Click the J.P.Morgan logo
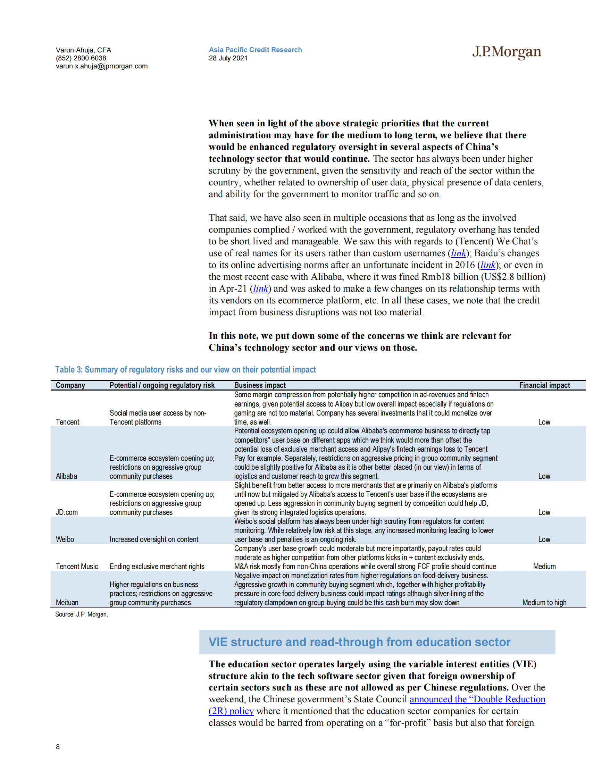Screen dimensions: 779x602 point(507,52)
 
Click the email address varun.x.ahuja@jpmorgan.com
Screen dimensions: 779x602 point(102,66)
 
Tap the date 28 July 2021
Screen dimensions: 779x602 point(228,58)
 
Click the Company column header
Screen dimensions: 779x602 point(70,385)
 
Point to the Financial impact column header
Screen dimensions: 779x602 point(544,385)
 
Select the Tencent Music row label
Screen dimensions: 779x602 point(77,567)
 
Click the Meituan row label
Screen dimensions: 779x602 point(67,602)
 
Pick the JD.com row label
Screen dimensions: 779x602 point(67,512)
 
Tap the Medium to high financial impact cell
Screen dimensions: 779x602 point(544,602)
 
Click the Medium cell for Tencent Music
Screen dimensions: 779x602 point(544,567)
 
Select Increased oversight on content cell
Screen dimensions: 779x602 point(154,539)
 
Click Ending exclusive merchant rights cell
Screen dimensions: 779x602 point(157,567)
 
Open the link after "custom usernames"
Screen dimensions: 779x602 point(458,253)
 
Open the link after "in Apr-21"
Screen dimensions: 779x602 point(260,288)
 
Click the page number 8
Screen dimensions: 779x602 point(58,746)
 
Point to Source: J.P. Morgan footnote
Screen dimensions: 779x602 point(82,614)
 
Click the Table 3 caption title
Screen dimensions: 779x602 point(185,369)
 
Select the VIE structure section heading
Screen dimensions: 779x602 point(359,642)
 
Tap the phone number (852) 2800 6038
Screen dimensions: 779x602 point(81,58)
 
